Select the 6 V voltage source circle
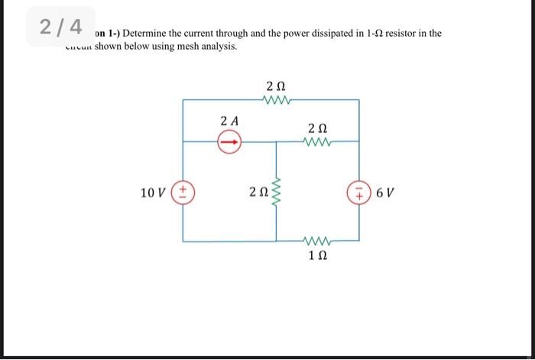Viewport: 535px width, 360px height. (358, 191)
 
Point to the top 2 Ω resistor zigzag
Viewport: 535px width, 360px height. (276, 99)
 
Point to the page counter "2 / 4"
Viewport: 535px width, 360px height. (61, 27)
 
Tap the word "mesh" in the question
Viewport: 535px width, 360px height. (183, 47)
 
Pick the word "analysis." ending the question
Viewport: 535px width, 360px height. (218, 47)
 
